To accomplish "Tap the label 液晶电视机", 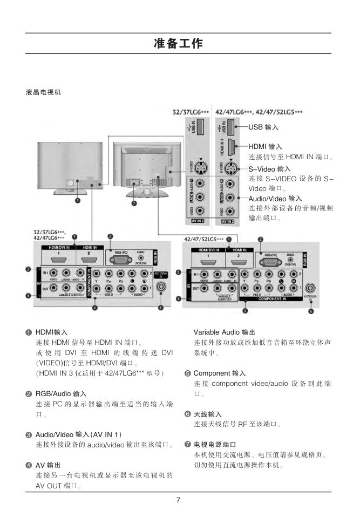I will [x=44, y=92].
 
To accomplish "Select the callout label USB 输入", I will [x=263, y=127].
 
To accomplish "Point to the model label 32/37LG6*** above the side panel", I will [x=190, y=112].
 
